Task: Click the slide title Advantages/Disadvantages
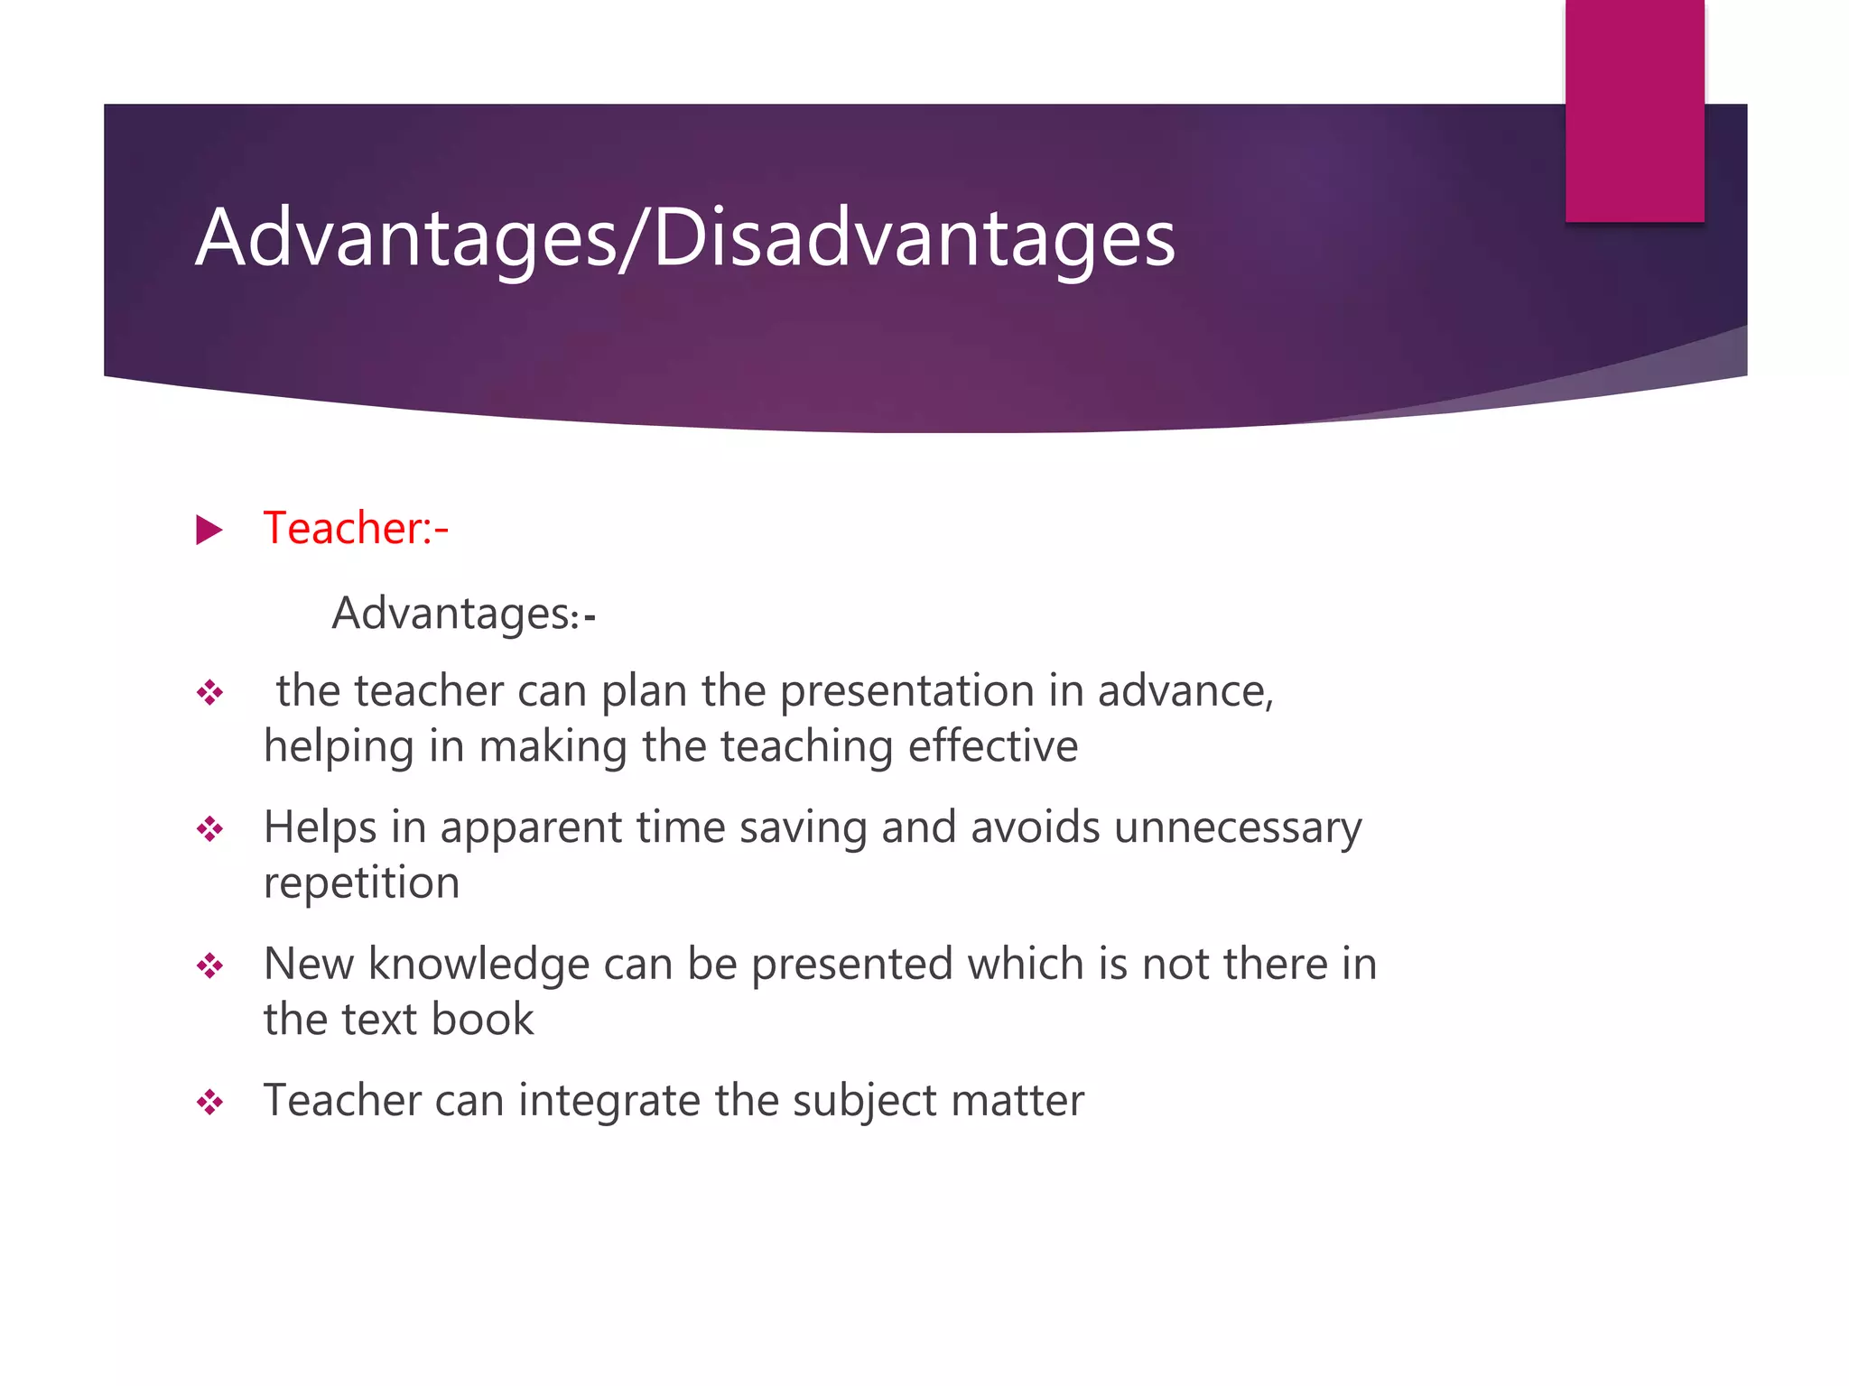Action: [x=685, y=238]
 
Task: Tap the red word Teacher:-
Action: [x=355, y=529]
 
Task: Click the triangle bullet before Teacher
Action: [x=209, y=530]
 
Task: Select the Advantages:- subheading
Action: [x=463, y=614]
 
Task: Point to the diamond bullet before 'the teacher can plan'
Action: [x=209, y=693]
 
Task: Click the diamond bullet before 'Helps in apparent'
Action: [x=209, y=829]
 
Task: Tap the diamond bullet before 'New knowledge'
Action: [x=209, y=966]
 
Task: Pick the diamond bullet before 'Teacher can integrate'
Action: [x=209, y=1103]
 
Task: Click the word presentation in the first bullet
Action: [x=906, y=692]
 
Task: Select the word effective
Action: [x=992, y=747]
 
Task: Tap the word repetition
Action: [x=361, y=883]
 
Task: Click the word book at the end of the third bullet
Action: [x=482, y=1020]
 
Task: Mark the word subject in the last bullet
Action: [x=865, y=1102]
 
